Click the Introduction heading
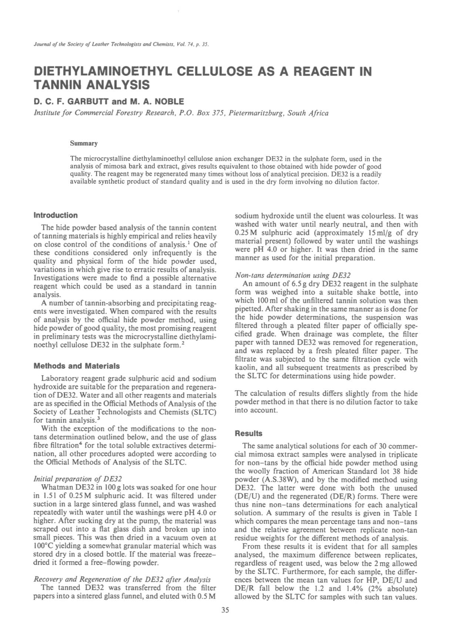56,215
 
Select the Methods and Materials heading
77,366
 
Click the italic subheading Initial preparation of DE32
78,479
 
